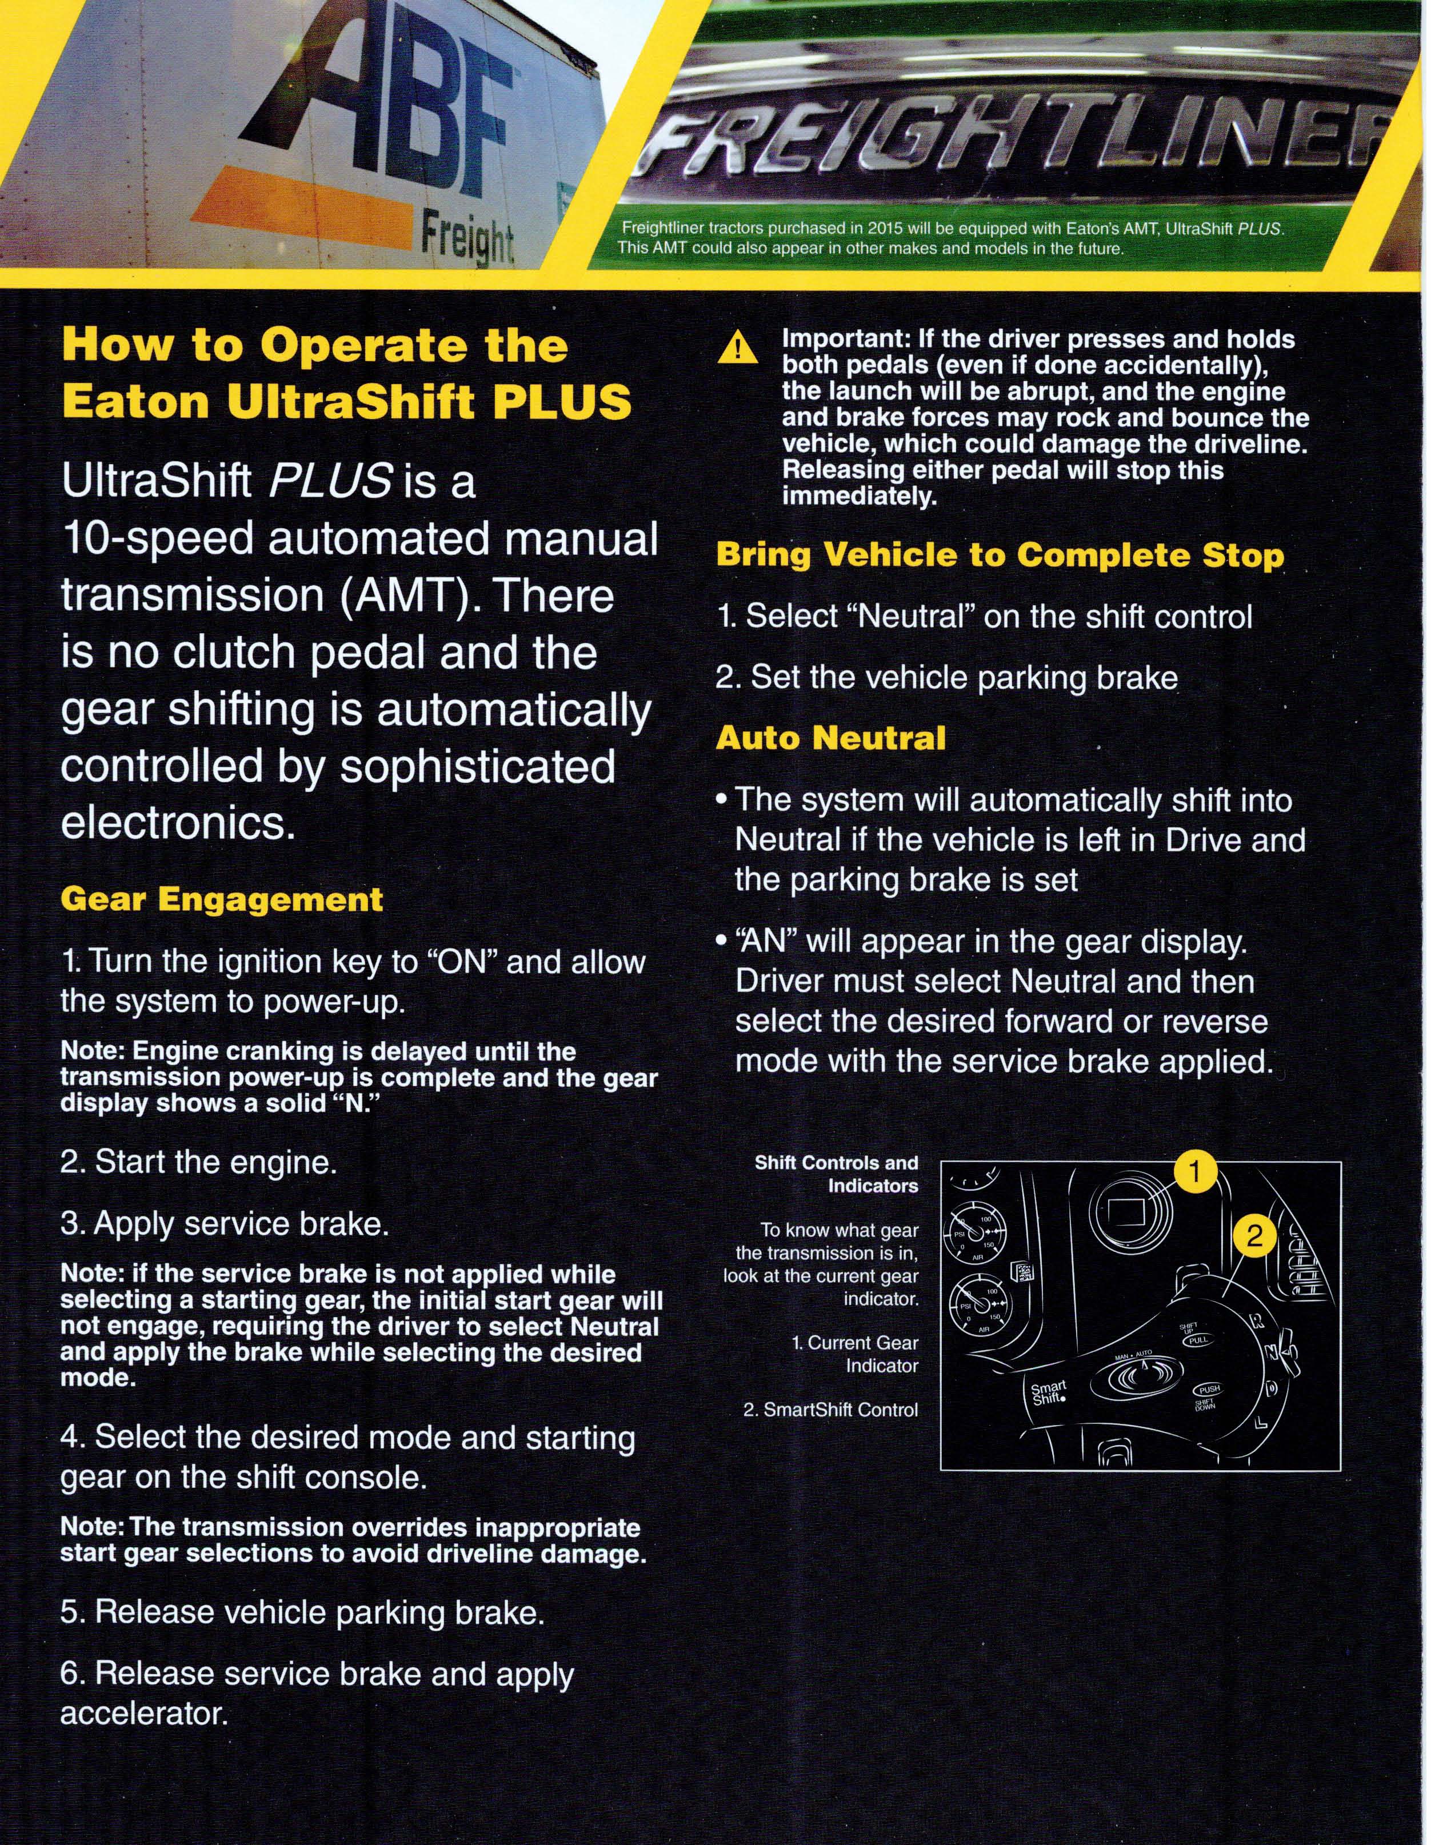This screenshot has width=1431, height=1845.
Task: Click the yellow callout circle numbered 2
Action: coord(1256,1236)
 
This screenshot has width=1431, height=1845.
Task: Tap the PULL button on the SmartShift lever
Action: coord(1199,1340)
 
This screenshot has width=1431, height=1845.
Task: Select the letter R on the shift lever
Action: coord(1258,1323)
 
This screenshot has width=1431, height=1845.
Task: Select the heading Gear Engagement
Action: coord(221,899)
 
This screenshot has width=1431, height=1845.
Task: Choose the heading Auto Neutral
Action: coord(830,738)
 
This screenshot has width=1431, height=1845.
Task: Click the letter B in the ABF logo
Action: coord(397,101)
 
